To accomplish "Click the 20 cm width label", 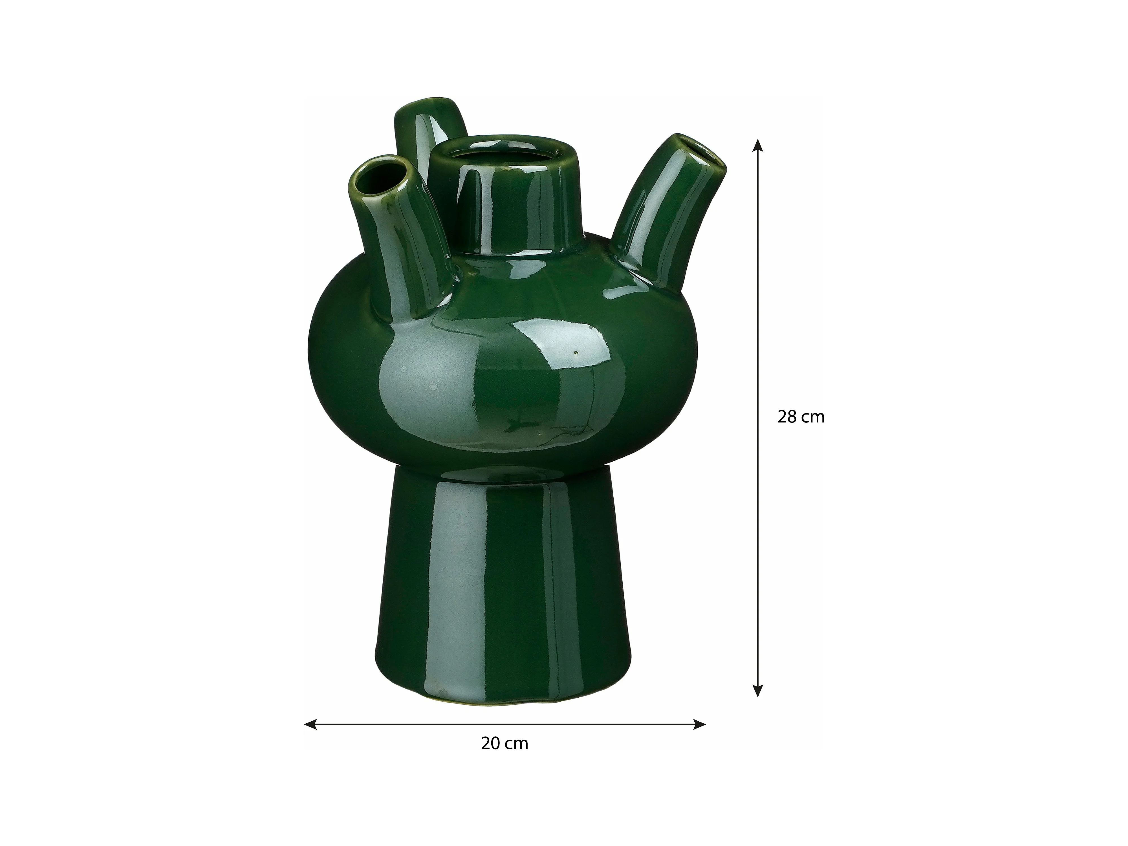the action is (x=504, y=744).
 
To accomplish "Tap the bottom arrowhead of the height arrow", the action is (x=758, y=689).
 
